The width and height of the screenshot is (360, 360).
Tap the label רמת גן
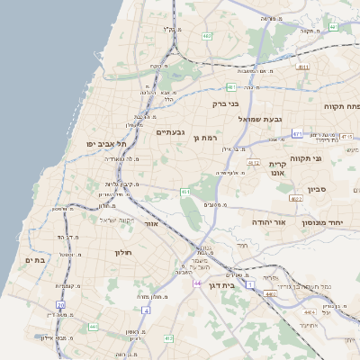click(x=206, y=138)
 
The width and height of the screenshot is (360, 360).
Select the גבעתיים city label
click(x=170, y=132)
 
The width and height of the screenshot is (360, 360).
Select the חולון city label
click(x=122, y=253)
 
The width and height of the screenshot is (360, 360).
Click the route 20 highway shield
click(x=61, y=305)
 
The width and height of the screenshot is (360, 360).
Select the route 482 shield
click(x=208, y=36)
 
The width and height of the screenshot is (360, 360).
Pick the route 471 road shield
click(x=298, y=134)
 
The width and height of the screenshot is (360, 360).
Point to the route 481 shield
click(x=231, y=87)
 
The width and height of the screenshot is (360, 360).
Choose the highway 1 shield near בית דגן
click(x=250, y=283)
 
